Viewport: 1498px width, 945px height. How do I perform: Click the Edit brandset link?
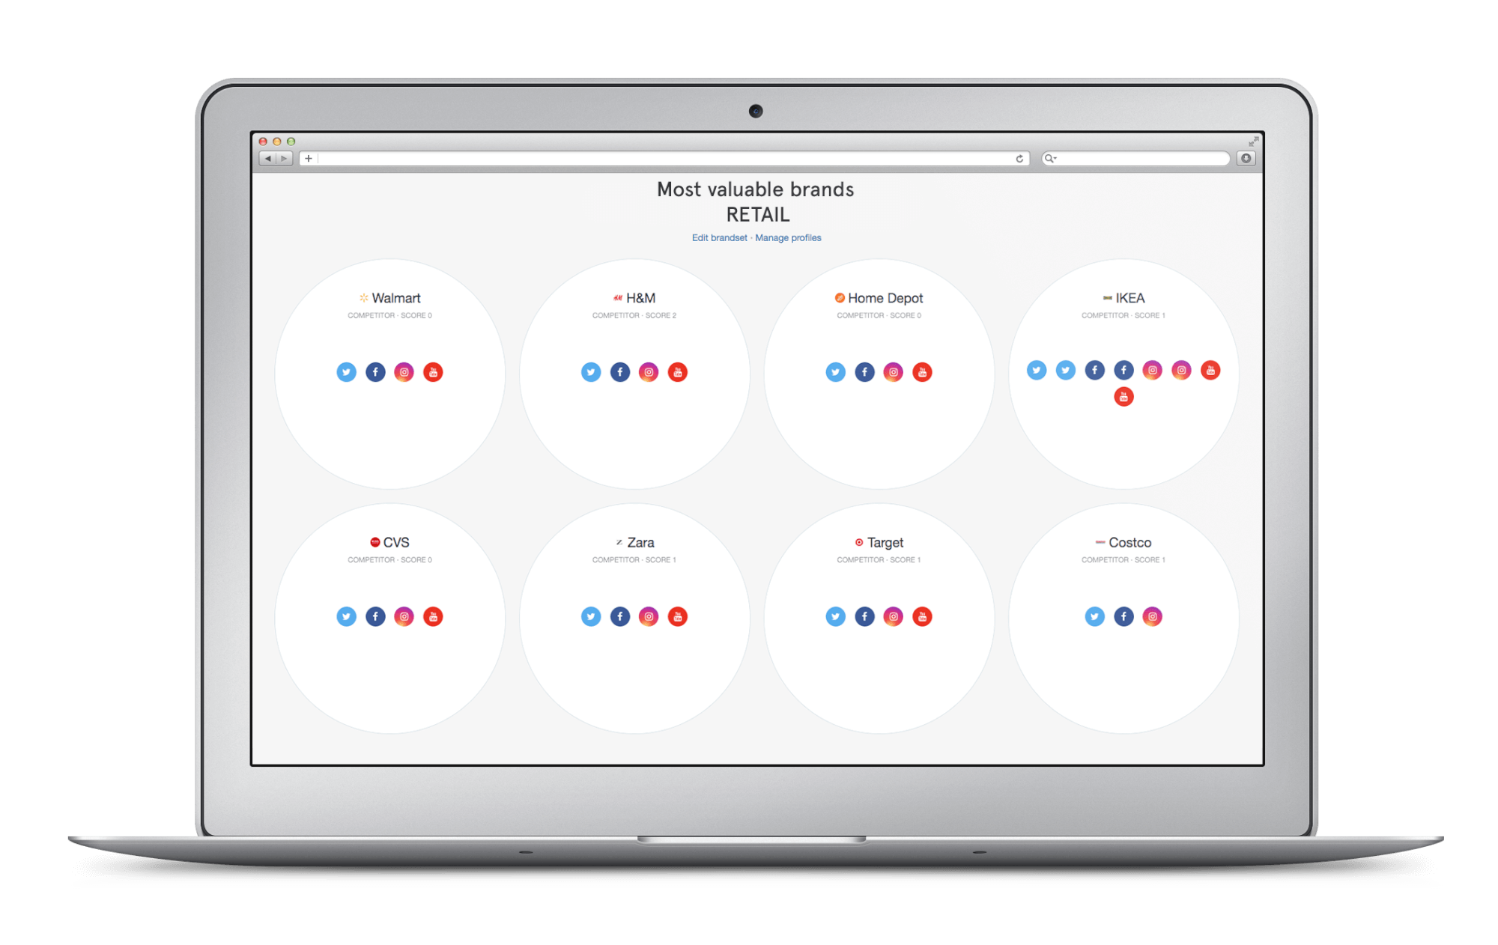tap(719, 237)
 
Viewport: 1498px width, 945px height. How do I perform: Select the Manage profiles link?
tap(788, 237)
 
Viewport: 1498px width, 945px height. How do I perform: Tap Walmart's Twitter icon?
tap(346, 372)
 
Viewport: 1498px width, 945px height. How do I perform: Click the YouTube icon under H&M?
tap(678, 372)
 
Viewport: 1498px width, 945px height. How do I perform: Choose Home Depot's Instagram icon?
tap(894, 372)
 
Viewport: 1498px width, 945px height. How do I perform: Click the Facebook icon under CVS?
tap(375, 616)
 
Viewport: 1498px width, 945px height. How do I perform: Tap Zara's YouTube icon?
tap(678, 616)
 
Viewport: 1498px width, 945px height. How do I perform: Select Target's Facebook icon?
tap(864, 616)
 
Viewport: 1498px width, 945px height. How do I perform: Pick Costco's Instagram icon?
tap(1153, 616)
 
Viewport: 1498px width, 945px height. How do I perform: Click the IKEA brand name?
tap(1130, 298)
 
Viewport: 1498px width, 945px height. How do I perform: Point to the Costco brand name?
tap(1130, 542)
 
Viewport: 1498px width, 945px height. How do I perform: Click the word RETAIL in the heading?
tap(758, 215)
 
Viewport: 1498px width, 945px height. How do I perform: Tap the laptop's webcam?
tap(756, 112)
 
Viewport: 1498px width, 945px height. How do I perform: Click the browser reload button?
tap(1019, 159)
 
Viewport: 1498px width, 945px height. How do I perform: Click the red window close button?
tap(263, 142)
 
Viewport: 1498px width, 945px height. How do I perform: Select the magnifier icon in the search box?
tap(1050, 159)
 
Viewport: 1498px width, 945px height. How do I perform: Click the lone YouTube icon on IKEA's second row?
tap(1123, 397)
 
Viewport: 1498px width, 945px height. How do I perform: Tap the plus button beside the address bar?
tap(309, 159)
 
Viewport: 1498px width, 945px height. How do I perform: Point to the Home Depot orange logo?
tap(840, 298)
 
